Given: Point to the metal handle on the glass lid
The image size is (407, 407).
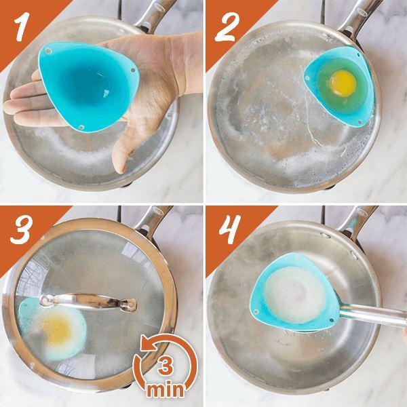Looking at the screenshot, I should point(88,301).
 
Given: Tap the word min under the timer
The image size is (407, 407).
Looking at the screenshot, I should point(163,391).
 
